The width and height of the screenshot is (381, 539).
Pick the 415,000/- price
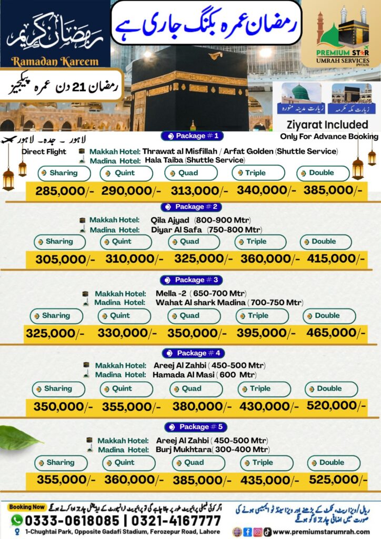(x=333, y=259)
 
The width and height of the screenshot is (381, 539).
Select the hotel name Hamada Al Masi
(x=178, y=375)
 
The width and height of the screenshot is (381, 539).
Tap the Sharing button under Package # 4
(x=58, y=389)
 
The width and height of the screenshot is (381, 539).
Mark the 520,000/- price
(x=335, y=406)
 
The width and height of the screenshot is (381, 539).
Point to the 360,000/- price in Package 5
(x=128, y=480)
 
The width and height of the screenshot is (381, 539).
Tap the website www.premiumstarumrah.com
(x=322, y=532)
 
